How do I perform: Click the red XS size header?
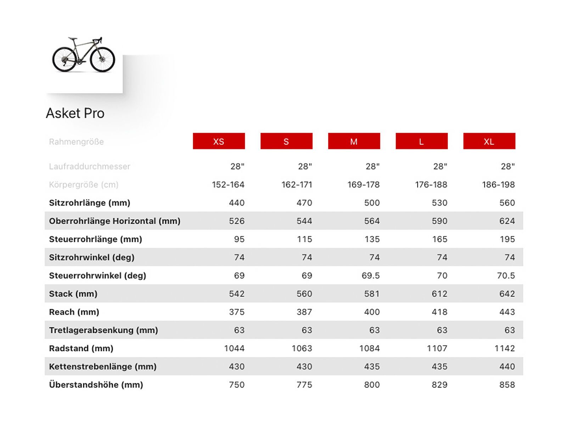click(x=219, y=141)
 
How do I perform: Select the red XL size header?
click(x=489, y=141)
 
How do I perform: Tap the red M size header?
click(x=354, y=141)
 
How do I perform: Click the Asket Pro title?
click(x=75, y=113)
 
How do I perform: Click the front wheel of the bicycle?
click(x=102, y=59)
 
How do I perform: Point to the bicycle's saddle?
click(x=73, y=38)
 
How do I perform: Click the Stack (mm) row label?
click(x=73, y=294)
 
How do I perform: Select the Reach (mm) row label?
click(x=74, y=312)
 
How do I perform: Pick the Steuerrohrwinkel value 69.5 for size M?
click(x=370, y=276)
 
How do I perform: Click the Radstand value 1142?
click(x=505, y=348)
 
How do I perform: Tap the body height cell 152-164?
click(x=228, y=185)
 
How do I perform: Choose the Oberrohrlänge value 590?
click(x=439, y=221)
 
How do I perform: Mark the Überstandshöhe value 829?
click(x=439, y=385)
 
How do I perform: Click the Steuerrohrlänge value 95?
click(x=239, y=239)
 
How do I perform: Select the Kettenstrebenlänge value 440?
click(x=507, y=367)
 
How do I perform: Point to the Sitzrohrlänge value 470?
click(x=304, y=203)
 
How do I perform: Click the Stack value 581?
click(x=372, y=294)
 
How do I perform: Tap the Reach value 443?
click(x=507, y=312)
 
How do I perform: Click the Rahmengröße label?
click(x=76, y=142)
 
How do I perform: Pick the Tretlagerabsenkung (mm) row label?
click(x=103, y=330)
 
